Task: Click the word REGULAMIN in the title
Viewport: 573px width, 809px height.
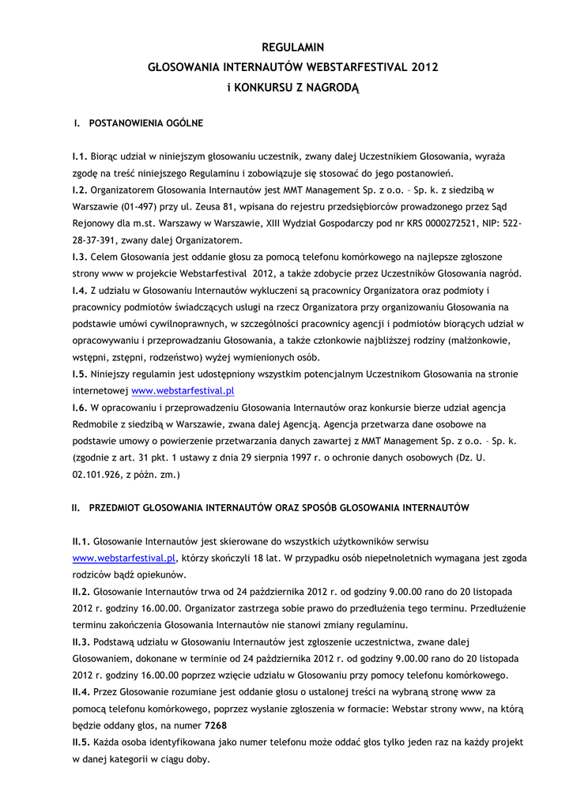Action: tap(292, 47)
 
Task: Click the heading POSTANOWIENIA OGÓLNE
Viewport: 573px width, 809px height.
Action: tap(146, 123)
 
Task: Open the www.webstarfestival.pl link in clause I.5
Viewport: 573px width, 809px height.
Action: tap(183, 390)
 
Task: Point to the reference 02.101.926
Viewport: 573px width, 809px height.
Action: tap(98, 474)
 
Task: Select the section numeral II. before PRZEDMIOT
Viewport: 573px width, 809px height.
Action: tap(76, 508)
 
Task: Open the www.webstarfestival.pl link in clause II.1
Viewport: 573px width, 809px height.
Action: tap(123, 559)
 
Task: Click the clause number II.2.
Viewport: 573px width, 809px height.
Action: tap(81, 592)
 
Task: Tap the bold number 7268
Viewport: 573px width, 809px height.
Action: tap(217, 726)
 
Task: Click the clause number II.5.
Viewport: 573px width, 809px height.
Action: tap(81, 743)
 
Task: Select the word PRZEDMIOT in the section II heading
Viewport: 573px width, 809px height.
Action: tap(119, 508)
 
